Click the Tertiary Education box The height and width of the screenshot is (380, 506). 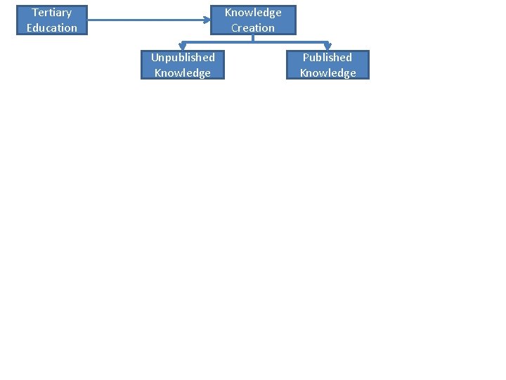(x=52, y=20)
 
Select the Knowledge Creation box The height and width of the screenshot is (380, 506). (x=253, y=20)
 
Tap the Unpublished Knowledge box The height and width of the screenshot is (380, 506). (x=183, y=65)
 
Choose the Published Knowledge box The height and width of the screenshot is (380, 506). (x=327, y=65)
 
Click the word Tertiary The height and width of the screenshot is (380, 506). (x=52, y=13)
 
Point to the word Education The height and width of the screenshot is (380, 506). (x=52, y=28)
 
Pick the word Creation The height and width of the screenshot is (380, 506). (x=253, y=28)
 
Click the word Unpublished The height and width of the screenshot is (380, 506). (x=183, y=57)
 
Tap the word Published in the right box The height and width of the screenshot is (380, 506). (x=327, y=57)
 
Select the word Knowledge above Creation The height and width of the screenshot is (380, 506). (x=253, y=13)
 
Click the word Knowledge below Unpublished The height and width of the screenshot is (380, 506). (x=183, y=72)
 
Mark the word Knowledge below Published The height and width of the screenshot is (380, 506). (x=327, y=72)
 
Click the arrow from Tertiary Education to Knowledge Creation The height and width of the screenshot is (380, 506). (x=148, y=20)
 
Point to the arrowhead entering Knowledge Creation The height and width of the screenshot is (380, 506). (x=207, y=20)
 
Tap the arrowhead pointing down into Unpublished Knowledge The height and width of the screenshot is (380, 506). (x=183, y=46)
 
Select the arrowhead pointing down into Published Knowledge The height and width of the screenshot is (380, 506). (x=327, y=46)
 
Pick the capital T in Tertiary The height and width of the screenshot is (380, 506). (x=34, y=13)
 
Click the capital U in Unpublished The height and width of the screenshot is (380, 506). (x=155, y=57)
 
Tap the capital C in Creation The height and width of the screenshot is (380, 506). (x=235, y=28)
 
